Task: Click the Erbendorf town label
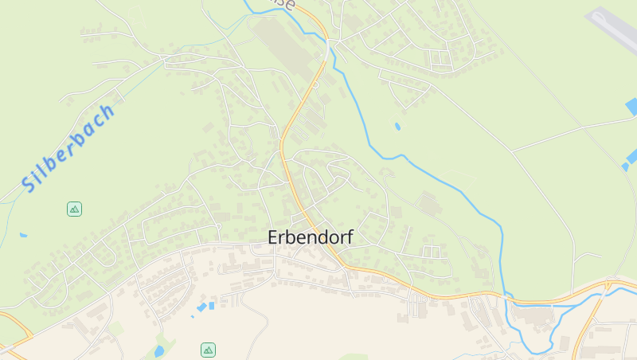(x=311, y=237)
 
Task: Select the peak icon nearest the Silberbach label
(x=74, y=209)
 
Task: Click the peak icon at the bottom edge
(x=208, y=350)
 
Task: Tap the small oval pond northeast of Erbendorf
(x=397, y=126)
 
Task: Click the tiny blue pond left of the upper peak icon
(x=23, y=235)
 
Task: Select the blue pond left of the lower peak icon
(x=159, y=350)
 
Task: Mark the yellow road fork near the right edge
(x=608, y=284)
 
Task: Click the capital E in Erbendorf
(x=273, y=237)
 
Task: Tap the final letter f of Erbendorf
(x=349, y=237)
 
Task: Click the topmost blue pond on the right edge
(x=631, y=106)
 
